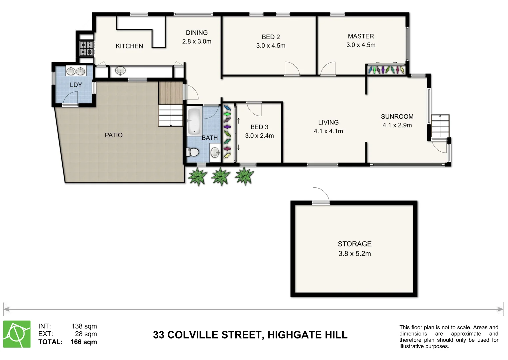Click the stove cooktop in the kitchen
[x=87, y=48]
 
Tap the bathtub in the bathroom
[x=194, y=121]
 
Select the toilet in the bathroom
[x=193, y=153]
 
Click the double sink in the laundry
[x=76, y=71]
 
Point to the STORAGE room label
[x=354, y=244]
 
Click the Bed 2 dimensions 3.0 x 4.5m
[x=271, y=46]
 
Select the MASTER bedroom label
[x=361, y=36]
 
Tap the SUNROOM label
[x=397, y=117]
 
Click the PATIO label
[x=114, y=135]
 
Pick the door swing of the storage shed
[x=320, y=195]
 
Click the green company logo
[x=17, y=334]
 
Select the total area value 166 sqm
[x=84, y=342]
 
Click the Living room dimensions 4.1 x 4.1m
[x=328, y=131]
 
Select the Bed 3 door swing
[x=254, y=109]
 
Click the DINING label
[x=197, y=33]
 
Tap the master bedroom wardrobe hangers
[x=386, y=70]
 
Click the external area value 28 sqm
[x=86, y=334]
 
